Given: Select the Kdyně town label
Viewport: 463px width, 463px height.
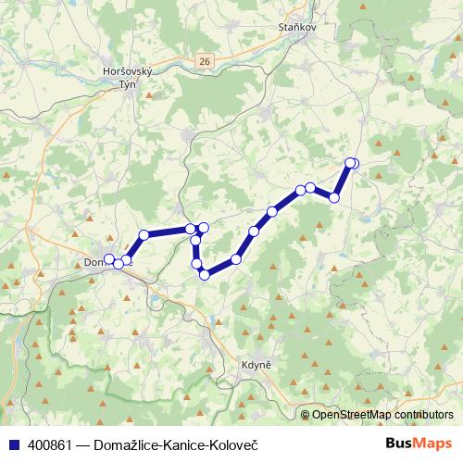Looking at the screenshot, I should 255,364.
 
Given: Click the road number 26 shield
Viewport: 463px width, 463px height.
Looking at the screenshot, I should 205,61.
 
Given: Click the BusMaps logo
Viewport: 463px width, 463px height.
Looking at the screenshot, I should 419,443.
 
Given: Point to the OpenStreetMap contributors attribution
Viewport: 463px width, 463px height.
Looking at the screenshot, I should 377,415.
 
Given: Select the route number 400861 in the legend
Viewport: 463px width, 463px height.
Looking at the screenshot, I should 47,444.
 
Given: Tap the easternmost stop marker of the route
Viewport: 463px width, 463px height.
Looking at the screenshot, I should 353,164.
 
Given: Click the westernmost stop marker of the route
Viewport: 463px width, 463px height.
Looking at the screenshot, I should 108,259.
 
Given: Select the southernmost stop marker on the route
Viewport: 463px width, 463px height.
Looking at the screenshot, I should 205,274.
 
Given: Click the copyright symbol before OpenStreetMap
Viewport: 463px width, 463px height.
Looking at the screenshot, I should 306,415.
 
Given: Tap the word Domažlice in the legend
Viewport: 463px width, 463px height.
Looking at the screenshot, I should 120,444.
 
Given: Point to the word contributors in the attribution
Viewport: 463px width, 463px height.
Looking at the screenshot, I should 421,415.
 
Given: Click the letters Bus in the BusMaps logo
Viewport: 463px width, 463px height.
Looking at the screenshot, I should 400,443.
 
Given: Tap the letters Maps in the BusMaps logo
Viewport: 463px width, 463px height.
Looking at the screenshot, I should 432,443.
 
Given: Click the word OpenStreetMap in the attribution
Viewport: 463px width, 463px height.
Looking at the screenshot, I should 349,415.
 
